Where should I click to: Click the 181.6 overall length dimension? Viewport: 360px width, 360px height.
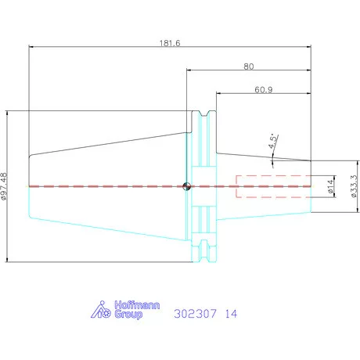[170, 43]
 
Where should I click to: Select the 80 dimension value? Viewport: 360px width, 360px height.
[249, 67]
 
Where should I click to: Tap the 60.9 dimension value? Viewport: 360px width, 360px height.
[264, 90]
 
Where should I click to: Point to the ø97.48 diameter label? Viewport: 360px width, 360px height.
[4, 186]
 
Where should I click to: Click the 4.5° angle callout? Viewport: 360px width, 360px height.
[273, 142]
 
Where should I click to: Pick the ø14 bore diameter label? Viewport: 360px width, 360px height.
[330, 186]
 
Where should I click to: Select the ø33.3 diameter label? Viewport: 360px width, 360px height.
[354, 186]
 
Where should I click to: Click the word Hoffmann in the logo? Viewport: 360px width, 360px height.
[137, 305]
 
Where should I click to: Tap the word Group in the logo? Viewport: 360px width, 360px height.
[128, 314]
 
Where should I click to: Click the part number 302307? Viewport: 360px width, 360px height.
[195, 314]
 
